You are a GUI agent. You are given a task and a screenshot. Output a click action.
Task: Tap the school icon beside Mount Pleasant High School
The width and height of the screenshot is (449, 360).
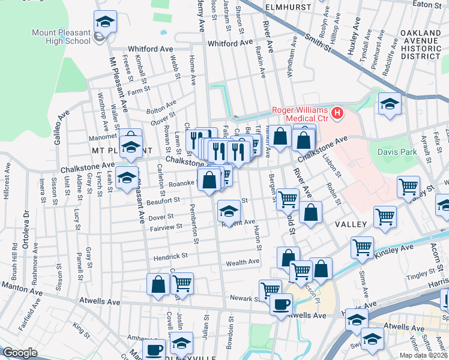coord(105,23)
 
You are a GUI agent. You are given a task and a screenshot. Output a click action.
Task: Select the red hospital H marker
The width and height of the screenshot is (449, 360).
coord(337,112)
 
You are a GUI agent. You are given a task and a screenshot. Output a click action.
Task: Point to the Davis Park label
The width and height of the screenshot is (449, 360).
coord(397,152)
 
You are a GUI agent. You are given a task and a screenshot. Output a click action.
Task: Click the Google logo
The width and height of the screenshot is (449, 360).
coord(20,353)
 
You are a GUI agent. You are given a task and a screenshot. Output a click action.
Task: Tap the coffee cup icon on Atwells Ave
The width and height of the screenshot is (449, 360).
coord(280,304)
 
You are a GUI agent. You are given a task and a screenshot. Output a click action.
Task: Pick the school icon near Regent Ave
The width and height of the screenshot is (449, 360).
coord(228,212)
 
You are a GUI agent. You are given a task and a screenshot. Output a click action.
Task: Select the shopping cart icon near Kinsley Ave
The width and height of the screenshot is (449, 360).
coord(362,247)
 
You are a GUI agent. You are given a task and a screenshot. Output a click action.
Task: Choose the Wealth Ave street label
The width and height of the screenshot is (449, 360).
coord(243,262)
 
